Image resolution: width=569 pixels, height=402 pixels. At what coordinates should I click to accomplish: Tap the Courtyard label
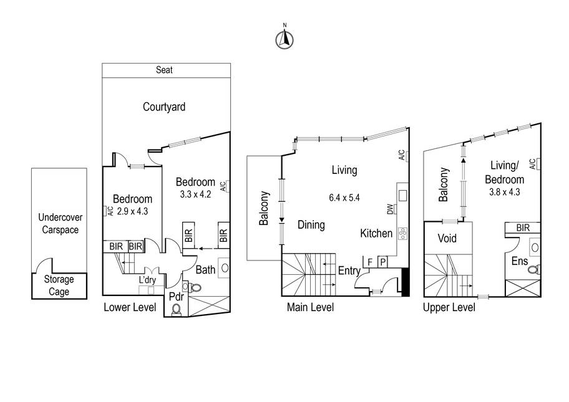[x=164, y=107]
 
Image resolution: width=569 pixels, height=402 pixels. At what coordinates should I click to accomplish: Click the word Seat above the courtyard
[x=164, y=70]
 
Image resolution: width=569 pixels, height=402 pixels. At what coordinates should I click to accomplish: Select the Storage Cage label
[x=59, y=285]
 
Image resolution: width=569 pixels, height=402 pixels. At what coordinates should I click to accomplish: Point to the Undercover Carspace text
[x=61, y=223]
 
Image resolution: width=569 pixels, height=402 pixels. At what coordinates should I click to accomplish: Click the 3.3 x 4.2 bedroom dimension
[x=195, y=194]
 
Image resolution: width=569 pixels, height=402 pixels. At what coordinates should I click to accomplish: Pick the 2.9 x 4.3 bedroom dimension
[x=132, y=211]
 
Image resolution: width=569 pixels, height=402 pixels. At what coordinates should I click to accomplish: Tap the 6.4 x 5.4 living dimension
[x=344, y=198]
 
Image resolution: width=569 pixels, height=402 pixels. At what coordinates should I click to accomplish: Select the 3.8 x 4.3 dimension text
[x=504, y=192]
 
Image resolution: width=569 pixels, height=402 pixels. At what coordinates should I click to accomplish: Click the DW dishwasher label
[x=390, y=209]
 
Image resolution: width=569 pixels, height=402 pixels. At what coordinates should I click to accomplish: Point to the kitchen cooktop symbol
[x=402, y=234]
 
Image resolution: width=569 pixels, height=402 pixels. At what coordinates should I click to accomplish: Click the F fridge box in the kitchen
[x=370, y=262]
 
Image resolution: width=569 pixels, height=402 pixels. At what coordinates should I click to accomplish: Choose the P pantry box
[x=382, y=262]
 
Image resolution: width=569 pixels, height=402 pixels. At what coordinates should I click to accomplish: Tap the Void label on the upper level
[x=447, y=238]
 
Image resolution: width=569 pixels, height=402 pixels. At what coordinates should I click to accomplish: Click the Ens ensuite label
[x=519, y=261]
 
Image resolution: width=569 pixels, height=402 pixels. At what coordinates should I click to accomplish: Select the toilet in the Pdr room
[x=177, y=310]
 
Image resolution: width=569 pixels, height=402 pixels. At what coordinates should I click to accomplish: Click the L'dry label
[x=147, y=280]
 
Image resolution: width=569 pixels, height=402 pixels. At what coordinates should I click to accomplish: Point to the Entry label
[x=349, y=270]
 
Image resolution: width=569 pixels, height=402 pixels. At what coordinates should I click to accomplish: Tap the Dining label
[x=311, y=225]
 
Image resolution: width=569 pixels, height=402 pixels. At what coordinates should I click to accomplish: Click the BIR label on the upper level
[x=523, y=227]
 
